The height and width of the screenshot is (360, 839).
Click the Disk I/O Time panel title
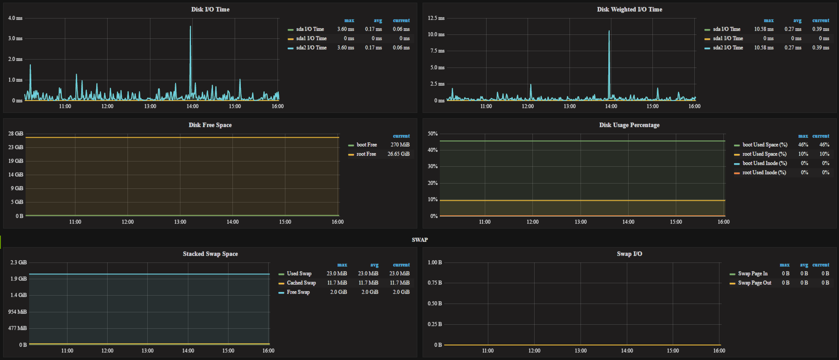point(210,9)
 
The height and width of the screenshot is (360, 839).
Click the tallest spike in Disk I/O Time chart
point(190,27)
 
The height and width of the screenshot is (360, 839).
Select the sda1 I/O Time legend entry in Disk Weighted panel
point(728,38)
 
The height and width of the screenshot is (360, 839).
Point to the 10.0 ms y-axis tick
point(436,34)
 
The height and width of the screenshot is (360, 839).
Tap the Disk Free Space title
point(210,125)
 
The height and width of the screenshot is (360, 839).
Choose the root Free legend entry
point(366,154)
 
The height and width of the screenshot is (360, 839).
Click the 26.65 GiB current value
point(398,154)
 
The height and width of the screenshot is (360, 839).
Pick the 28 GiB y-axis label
point(16,134)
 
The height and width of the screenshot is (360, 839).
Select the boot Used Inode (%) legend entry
point(764,163)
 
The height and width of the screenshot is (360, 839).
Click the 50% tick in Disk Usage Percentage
point(433,134)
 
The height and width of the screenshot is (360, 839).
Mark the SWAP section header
point(419,240)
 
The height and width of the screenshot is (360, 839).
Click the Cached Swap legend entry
point(301,283)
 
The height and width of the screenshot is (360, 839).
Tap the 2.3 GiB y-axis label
point(19,262)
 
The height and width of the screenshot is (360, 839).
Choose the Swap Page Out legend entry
point(755,283)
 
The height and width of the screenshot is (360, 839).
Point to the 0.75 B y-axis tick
point(434,283)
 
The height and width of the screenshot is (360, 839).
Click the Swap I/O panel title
point(629,254)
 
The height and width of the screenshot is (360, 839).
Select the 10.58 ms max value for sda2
point(764,48)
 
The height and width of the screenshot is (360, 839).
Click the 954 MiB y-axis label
point(17,312)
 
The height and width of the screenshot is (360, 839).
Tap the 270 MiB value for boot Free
point(400,145)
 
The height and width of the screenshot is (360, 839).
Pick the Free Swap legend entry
point(298,292)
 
